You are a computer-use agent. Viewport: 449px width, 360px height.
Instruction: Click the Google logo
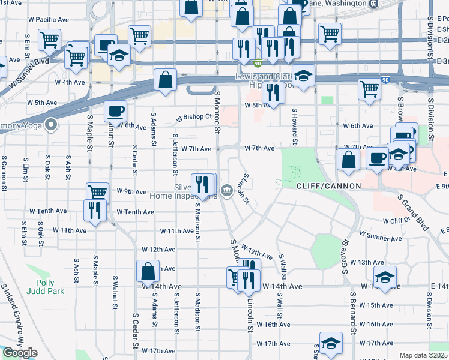coord(20,353)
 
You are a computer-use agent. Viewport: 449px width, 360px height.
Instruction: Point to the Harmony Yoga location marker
coord(52,125)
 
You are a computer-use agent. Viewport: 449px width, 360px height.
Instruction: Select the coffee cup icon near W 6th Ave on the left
coord(115,111)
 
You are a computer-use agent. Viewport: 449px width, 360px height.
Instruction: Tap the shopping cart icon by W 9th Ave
coord(97,193)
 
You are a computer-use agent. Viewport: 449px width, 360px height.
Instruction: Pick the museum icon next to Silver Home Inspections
coord(227,191)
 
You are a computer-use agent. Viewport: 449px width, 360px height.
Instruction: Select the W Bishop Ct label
coord(194,117)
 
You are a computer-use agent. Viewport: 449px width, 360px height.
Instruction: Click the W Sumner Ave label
coord(380,236)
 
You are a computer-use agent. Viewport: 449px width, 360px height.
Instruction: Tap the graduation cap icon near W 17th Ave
coord(331,343)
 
